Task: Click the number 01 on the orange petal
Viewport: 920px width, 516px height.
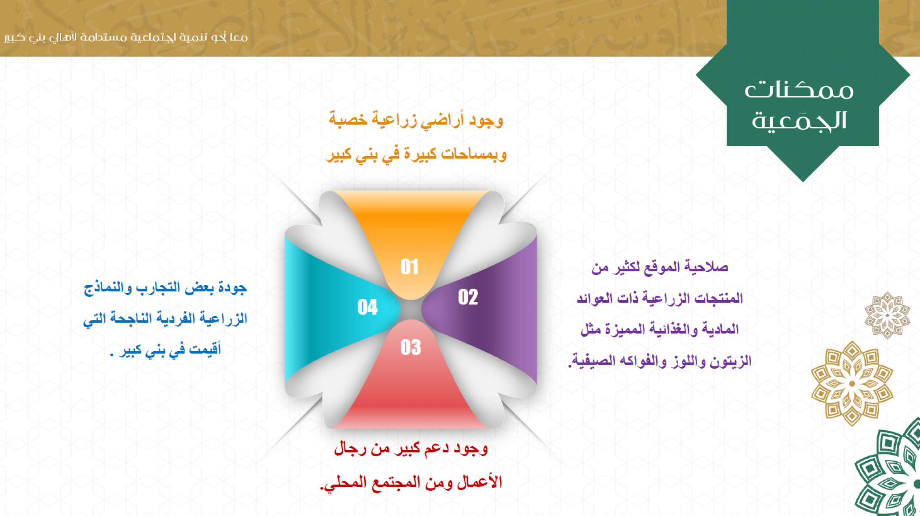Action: tap(409, 267)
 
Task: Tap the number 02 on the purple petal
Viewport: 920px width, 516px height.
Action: tap(468, 297)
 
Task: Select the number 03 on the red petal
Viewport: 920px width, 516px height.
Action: tap(411, 347)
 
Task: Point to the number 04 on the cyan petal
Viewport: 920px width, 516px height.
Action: tap(367, 307)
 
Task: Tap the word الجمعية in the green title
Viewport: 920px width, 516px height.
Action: tap(799, 120)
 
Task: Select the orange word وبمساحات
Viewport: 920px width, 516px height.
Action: tap(474, 154)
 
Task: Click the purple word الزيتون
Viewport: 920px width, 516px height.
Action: tap(730, 361)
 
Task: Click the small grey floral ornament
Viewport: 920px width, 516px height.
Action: tap(887, 315)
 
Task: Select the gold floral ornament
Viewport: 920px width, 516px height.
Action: tap(852, 383)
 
